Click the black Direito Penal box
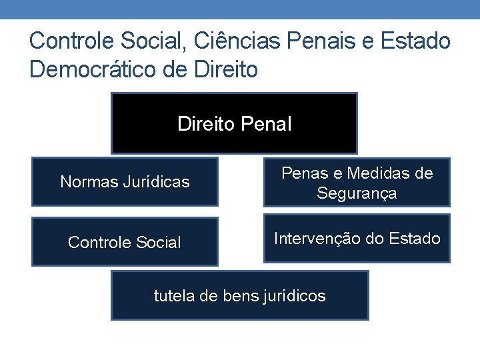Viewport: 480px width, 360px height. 234,123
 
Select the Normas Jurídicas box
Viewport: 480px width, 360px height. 125,181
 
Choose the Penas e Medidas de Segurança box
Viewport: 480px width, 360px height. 357,182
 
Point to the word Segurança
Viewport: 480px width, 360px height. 357,193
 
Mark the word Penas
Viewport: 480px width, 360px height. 302,173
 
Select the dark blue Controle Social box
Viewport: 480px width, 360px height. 125,242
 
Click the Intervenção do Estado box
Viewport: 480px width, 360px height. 357,238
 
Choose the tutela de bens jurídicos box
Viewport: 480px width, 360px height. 239,295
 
